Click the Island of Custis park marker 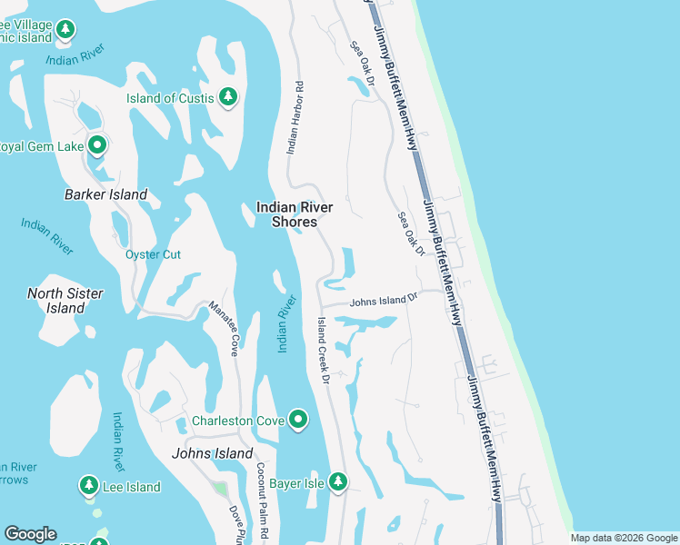tap(228, 96)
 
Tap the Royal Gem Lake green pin tap(97, 144)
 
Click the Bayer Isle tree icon tap(338, 481)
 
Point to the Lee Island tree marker tap(89, 486)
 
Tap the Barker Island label tap(106, 194)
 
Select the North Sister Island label tap(65, 301)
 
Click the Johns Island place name tap(213, 453)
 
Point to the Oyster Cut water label tap(153, 254)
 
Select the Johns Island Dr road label tap(384, 298)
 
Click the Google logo tap(30, 534)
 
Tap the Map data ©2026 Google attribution tap(624, 538)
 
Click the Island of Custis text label tap(170, 98)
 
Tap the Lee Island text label tap(131, 488)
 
